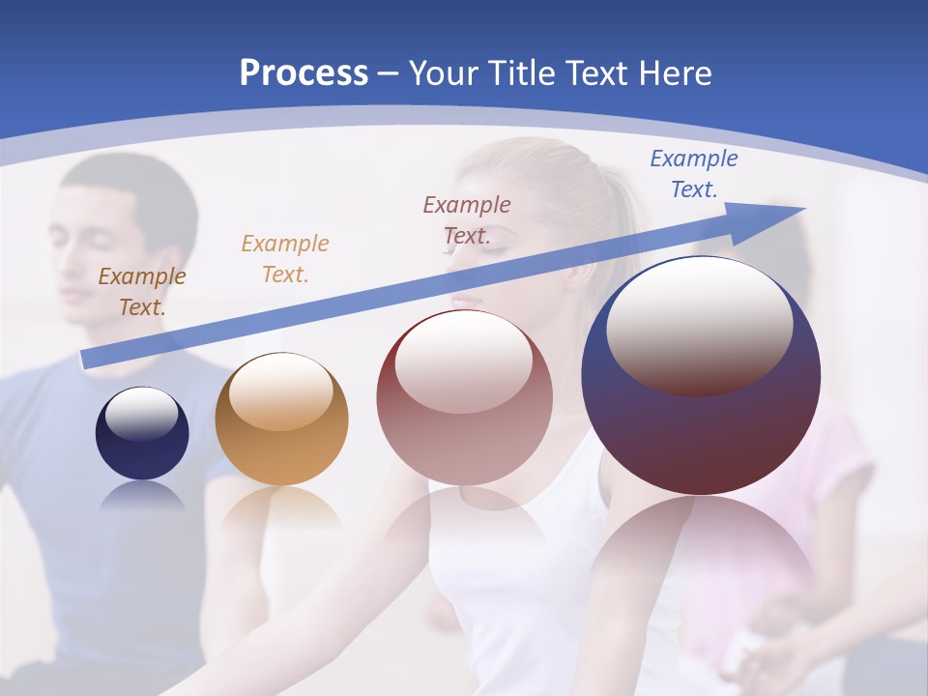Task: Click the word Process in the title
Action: [304, 73]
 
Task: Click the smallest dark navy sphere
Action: [142, 433]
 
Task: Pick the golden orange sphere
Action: [281, 420]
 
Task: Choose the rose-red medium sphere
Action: [464, 398]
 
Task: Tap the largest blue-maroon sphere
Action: [701, 377]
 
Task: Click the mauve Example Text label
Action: [467, 219]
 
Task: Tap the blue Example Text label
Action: [694, 174]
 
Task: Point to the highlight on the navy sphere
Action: [141, 414]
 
